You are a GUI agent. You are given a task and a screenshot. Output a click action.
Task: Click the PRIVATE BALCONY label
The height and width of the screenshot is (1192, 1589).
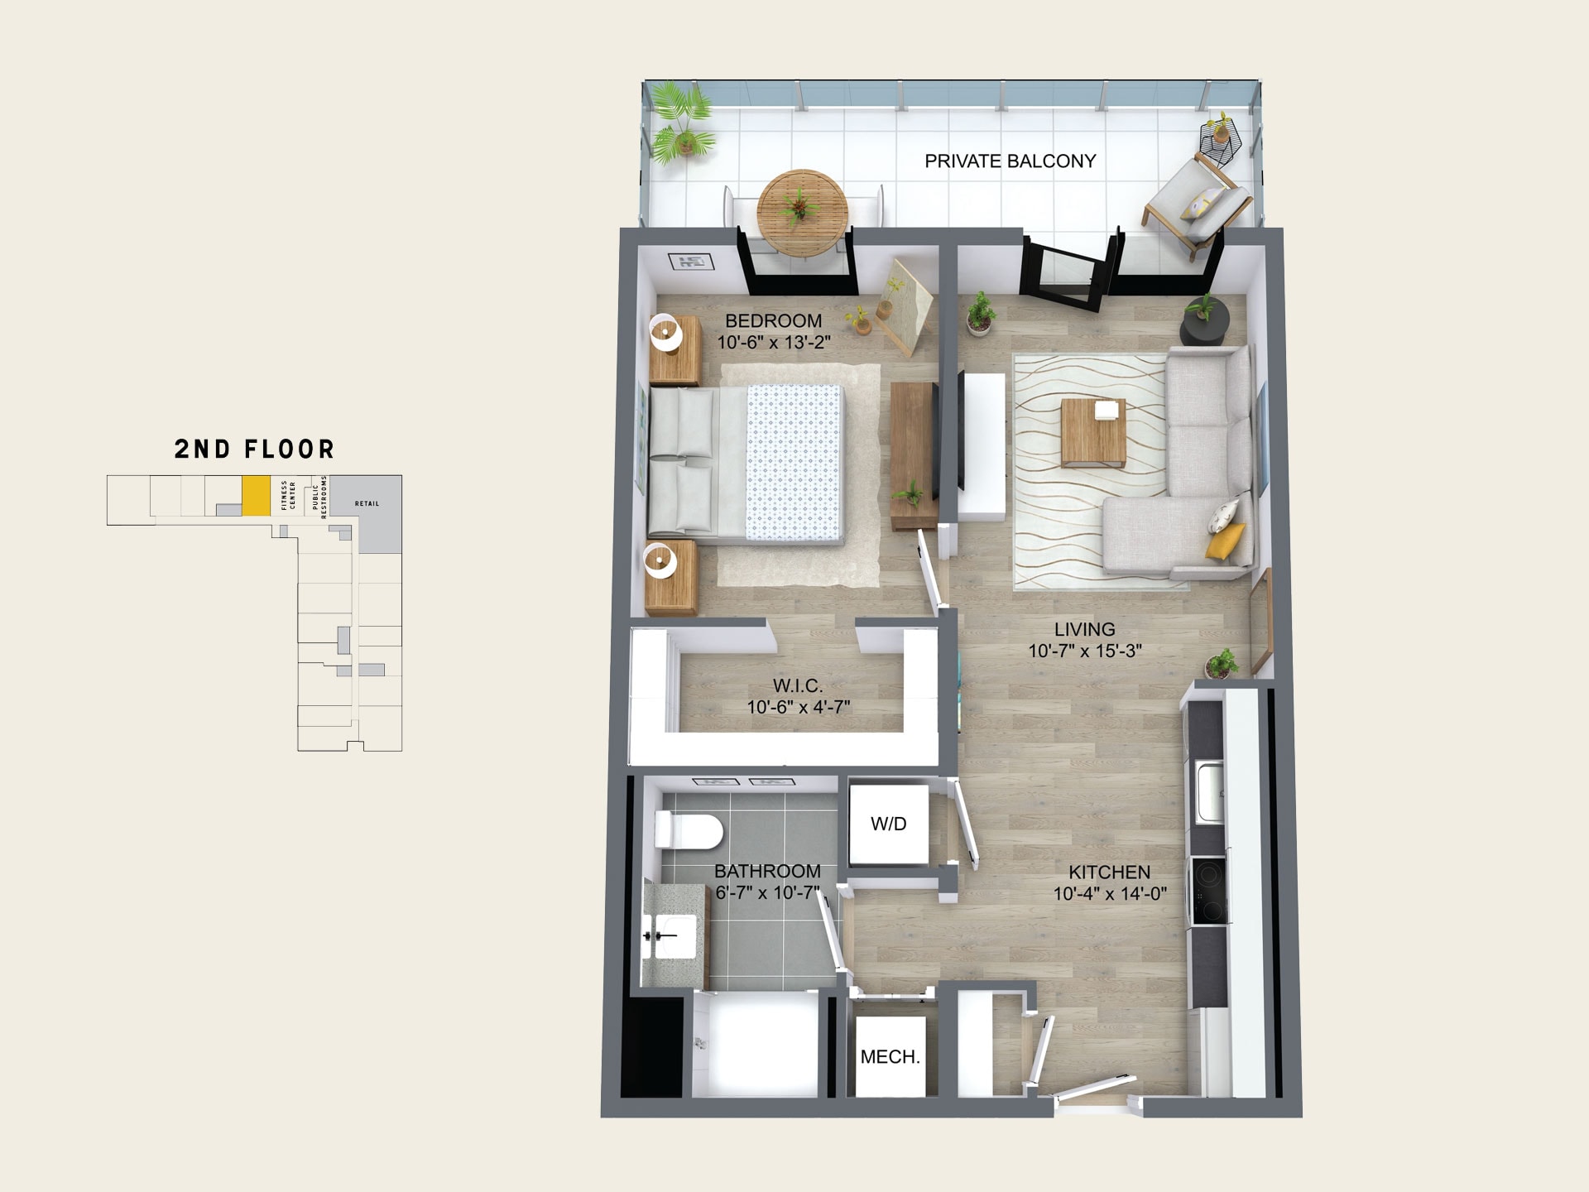(x=1010, y=161)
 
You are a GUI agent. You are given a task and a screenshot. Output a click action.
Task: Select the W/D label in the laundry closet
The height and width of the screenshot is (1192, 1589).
(x=888, y=824)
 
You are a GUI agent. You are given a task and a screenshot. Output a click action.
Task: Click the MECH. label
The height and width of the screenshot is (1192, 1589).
(x=890, y=1057)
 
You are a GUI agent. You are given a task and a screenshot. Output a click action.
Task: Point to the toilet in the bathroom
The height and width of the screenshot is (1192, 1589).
(x=689, y=829)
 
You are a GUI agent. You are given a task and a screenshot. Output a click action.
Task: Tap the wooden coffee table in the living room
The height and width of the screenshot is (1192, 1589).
(x=1093, y=432)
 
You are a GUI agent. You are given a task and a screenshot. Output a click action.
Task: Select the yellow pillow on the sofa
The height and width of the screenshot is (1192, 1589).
(x=1225, y=541)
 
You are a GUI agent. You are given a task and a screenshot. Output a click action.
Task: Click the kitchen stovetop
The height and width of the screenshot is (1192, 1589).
(x=1207, y=891)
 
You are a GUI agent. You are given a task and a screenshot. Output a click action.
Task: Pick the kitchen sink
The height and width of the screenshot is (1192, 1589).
(x=1208, y=792)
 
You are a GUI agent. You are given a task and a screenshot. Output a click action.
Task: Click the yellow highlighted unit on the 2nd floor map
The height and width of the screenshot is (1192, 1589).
(x=256, y=496)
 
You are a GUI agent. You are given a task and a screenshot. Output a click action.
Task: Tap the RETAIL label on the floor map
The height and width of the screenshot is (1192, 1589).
(x=367, y=503)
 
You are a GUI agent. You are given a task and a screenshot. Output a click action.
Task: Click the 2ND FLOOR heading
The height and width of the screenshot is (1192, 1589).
(x=254, y=449)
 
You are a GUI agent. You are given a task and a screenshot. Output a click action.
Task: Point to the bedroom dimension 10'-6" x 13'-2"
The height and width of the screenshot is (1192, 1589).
(x=774, y=343)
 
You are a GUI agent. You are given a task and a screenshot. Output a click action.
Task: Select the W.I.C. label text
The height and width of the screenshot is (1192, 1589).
(x=798, y=685)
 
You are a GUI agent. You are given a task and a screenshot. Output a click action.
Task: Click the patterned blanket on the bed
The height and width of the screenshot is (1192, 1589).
(x=794, y=462)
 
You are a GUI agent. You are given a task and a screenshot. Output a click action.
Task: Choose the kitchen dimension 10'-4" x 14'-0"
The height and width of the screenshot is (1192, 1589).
(x=1110, y=894)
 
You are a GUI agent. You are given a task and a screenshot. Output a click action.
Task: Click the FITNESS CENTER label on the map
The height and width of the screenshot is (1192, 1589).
(x=288, y=495)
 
